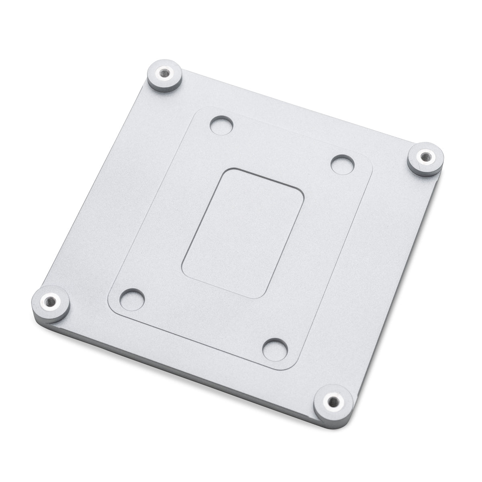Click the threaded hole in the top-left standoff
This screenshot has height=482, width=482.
[x=164, y=74]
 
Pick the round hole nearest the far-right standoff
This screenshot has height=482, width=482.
[x=342, y=164]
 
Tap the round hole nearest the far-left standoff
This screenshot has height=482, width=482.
[x=132, y=298]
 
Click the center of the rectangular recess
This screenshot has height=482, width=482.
[x=243, y=233]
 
